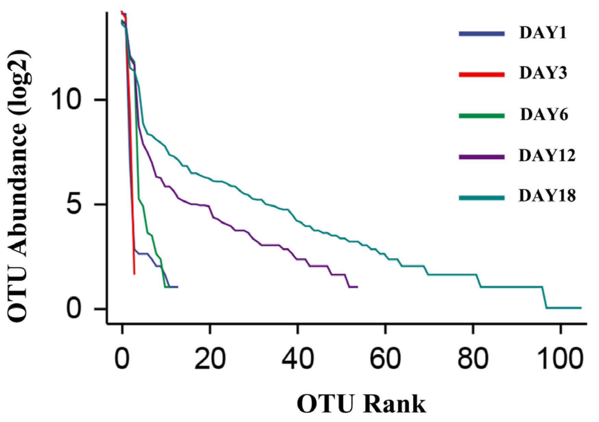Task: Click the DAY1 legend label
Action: (x=543, y=33)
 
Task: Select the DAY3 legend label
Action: (x=543, y=73)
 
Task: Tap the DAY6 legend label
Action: (x=544, y=115)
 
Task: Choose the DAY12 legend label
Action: (x=547, y=156)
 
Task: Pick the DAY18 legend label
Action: (x=547, y=196)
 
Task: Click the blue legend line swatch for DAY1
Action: (x=482, y=34)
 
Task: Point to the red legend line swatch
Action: (x=482, y=74)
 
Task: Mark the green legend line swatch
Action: (x=482, y=116)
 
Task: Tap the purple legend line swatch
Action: (x=482, y=157)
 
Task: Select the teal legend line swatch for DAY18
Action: (x=482, y=198)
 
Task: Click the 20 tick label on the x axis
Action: (x=210, y=359)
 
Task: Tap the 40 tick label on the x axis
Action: (x=298, y=359)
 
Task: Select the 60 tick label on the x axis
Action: (x=385, y=359)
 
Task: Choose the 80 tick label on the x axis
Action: (x=473, y=359)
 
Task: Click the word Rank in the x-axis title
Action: (x=394, y=405)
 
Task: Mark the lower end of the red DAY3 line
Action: (x=134, y=274)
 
